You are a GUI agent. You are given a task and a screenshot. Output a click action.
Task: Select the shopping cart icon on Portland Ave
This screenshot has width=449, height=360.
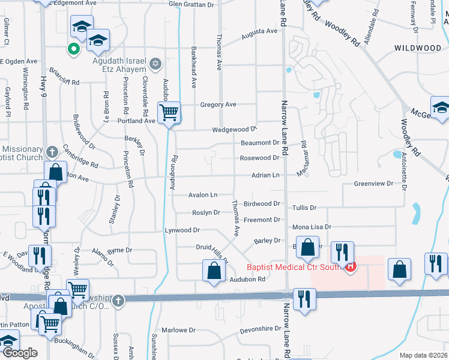(x=169, y=112)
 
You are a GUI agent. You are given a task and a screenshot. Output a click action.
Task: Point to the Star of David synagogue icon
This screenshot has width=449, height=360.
(x=155, y=63)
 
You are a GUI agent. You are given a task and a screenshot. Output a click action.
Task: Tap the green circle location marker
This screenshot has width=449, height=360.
(x=73, y=49)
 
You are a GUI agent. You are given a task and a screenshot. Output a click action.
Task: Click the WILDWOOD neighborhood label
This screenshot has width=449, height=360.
(x=417, y=47)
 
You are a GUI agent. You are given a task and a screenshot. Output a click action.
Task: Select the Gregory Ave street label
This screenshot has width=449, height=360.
(x=218, y=104)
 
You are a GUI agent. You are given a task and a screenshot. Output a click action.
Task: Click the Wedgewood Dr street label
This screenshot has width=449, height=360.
(x=234, y=130)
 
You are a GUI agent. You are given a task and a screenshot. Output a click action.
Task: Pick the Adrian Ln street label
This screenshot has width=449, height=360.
(x=266, y=175)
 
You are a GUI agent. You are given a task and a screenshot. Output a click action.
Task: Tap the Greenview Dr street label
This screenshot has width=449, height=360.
(x=373, y=183)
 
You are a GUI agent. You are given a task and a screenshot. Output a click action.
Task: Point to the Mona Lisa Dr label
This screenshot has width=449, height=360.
(x=312, y=227)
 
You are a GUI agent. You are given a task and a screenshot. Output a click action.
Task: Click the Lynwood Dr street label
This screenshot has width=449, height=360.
(x=182, y=230)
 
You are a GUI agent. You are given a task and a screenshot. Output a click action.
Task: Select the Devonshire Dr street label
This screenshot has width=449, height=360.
(x=260, y=330)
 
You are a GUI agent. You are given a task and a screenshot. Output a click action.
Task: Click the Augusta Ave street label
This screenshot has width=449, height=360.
(x=259, y=31)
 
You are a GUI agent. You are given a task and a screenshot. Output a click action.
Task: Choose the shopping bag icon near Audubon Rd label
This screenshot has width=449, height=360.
(x=214, y=270)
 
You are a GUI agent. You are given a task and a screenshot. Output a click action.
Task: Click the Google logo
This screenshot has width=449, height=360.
(x=19, y=353)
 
